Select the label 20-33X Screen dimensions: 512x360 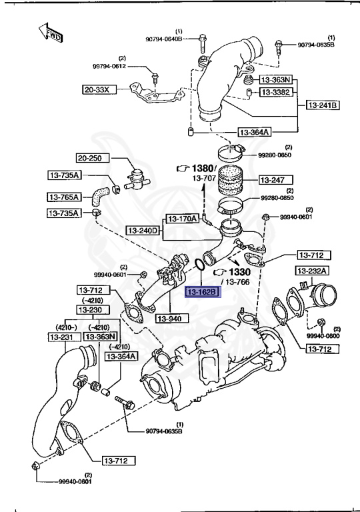pyautogui.click(x=100, y=89)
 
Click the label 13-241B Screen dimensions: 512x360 pyautogui.click(x=323, y=105)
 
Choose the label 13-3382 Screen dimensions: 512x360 pyautogui.click(x=275, y=92)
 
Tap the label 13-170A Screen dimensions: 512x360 pyautogui.click(x=182, y=218)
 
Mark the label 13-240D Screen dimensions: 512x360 pyautogui.click(x=143, y=231)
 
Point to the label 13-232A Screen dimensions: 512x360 pyautogui.click(x=312, y=271)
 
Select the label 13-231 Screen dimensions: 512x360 pyautogui.click(x=63, y=337)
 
